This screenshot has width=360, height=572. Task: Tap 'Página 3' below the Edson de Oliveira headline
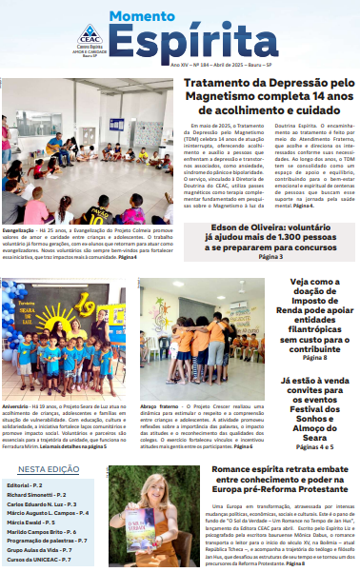pos(270,257)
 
